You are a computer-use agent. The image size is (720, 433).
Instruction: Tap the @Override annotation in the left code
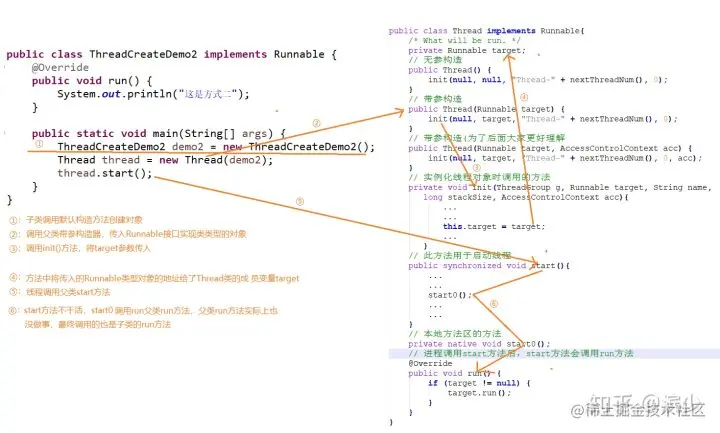[60, 67]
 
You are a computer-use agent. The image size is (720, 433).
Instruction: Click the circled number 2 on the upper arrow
[316, 124]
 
